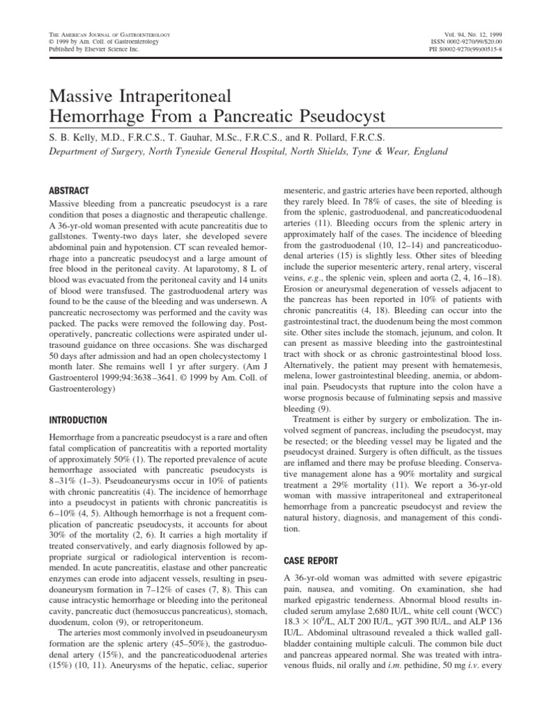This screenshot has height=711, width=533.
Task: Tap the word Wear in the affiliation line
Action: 382,151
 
